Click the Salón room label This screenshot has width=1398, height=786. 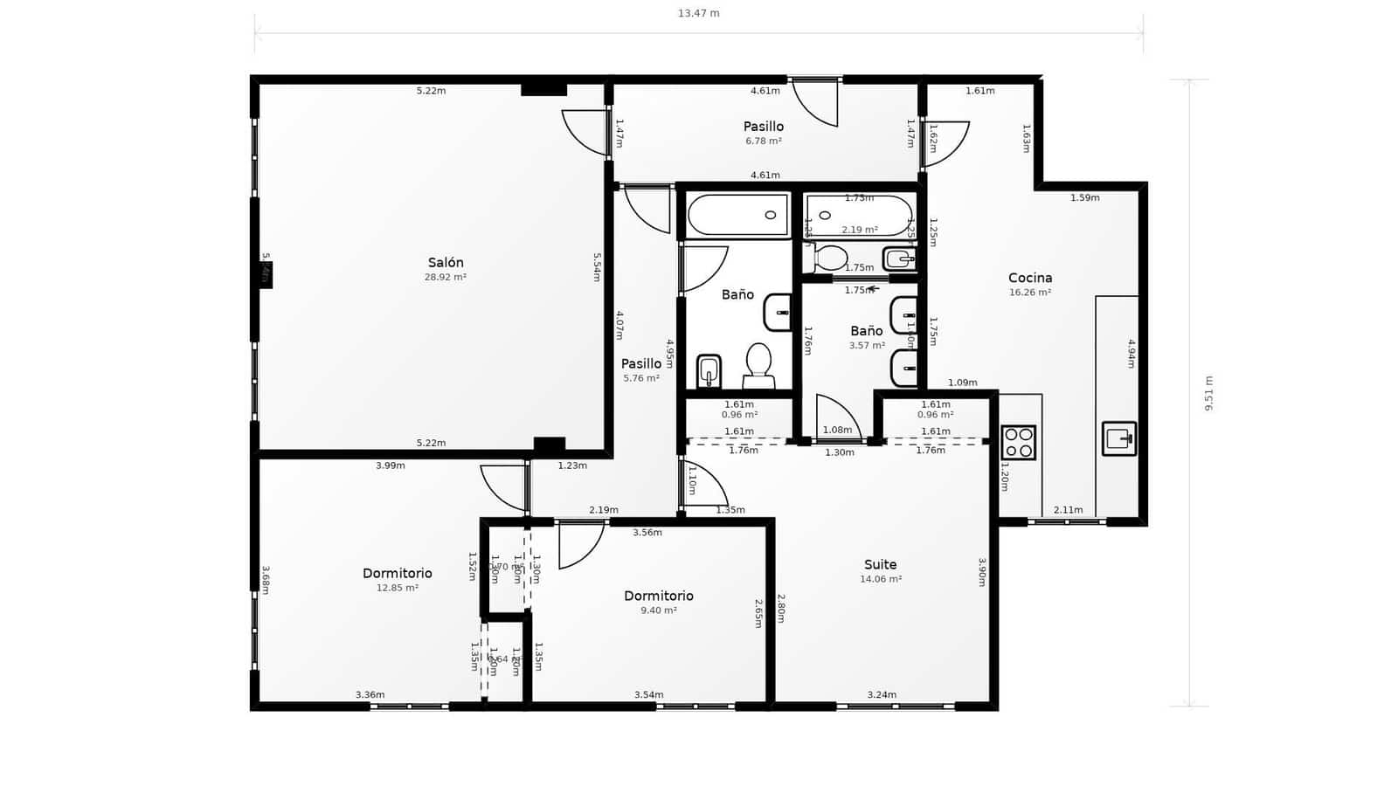coord(446,263)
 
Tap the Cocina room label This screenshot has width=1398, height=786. coord(1030,279)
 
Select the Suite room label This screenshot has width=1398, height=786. coord(880,565)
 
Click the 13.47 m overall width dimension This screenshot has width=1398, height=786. coord(699,13)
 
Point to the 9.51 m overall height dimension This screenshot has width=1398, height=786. coord(1209,393)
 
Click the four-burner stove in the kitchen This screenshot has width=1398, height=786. coord(1018,443)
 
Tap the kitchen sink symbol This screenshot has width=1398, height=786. coord(1119,438)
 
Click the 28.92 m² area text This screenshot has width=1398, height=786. coord(446,278)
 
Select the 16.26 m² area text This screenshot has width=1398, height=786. coord(1030,293)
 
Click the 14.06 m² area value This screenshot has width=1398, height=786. coord(881,579)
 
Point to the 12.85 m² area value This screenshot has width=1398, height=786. coord(398,588)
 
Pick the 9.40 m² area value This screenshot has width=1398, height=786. coord(659,610)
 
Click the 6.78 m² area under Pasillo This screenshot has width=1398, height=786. coord(764,141)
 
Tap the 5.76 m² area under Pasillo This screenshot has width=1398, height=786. coord(641,378)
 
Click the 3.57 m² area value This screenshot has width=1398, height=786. coord(867,346)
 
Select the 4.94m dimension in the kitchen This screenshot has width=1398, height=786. coord(1131,354)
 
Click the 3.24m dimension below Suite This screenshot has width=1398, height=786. coord(882,695)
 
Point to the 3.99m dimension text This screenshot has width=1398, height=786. coord(391,465)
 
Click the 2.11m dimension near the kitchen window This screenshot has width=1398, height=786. coord(1068,510)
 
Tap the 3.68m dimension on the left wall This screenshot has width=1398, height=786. coord(266,580)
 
